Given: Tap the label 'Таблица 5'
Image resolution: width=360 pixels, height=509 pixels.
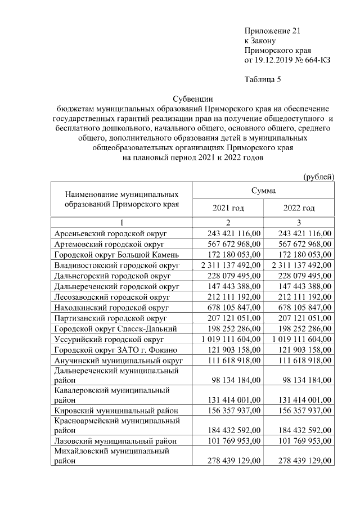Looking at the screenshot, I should coord(262,79).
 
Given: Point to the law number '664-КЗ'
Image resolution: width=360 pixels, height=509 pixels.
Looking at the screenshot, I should coord(317,60).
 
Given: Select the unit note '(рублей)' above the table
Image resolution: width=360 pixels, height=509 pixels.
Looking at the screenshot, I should coord(319,177).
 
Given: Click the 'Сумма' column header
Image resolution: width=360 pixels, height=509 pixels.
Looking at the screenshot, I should coord(263,191).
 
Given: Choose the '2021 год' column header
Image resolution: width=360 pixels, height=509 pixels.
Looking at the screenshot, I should coord(228,208).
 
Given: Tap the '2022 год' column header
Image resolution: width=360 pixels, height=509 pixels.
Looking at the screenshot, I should coord(299,208).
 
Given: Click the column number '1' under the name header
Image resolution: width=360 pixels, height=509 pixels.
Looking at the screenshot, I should coord(121,222).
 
